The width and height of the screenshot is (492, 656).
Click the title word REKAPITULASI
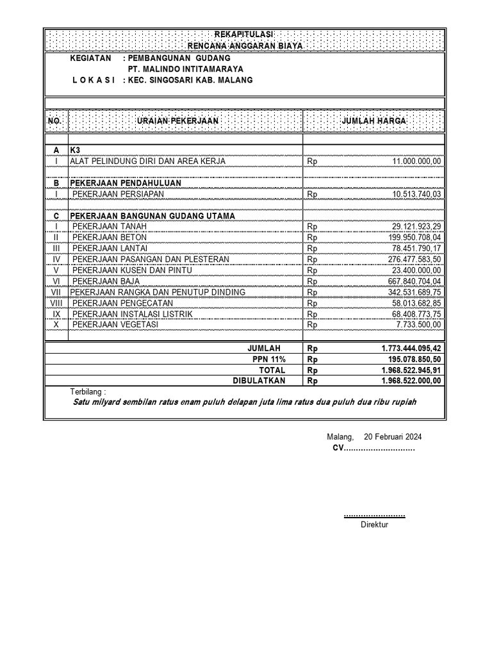(x=243, y=34)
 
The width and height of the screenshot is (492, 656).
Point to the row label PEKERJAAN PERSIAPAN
(x=118, y=193)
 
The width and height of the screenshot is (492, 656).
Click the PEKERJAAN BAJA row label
(x=107, y=281)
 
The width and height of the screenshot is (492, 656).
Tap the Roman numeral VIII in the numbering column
(x=56, y=303)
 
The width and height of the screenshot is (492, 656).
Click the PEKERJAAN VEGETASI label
(x=115, y=325)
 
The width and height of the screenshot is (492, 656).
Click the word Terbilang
(x=88, y=391)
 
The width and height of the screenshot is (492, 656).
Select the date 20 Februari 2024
(x=393, y=437)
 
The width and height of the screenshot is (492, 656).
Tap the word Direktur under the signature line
(x=375, y=525)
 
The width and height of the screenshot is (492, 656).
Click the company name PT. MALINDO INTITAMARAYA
(x=185, y=69)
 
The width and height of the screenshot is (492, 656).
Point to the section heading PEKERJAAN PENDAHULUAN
(x=125, y=183)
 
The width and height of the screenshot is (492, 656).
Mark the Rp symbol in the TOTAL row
(x=313, y=370)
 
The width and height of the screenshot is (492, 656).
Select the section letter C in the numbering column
(x=56, y=216)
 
